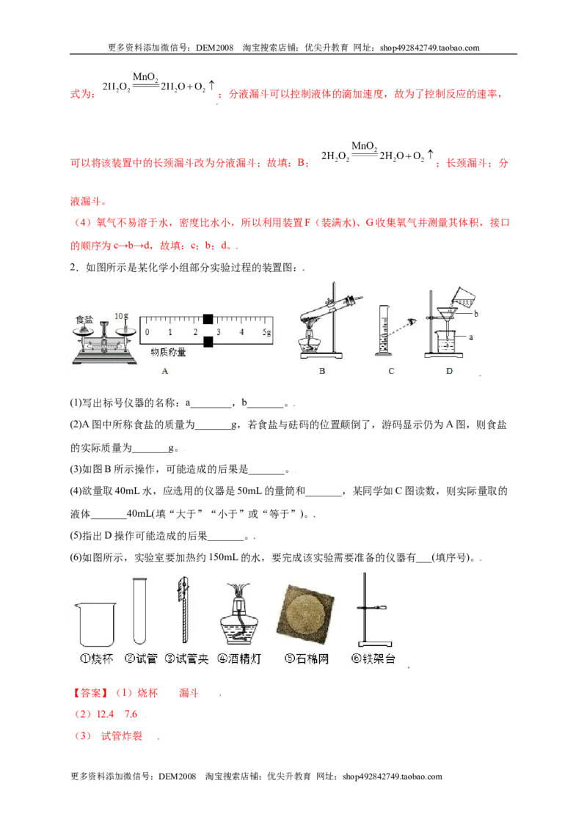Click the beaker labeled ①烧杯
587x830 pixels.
pyautogui.click(x=96, y=625)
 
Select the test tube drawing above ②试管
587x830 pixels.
pyautogui.click(x=139, y=611)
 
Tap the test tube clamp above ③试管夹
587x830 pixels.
pyautogui.click(x=183, y=609)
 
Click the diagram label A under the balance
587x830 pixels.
pyautogui.click(x=165, y=371)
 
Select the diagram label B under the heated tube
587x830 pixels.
pyautogui.click(x=322, y=371)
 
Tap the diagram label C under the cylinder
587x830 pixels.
pyautogui.click(x=391, y=371)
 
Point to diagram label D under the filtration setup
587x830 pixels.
pyautogui.click(x=449, y=371)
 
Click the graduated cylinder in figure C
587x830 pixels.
pyautogui.click(x=384, y=330)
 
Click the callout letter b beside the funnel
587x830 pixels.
pyautogui.click(x=475, y=313)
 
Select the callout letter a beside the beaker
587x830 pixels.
pyautogui.click(x=471, y=337)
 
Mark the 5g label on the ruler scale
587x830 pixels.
pyautogui.click(x=266, y=332)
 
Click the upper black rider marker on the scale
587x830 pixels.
pyautogui.click(x=208, y=319)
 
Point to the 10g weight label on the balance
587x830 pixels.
pyautogui.click(x=121, y=316)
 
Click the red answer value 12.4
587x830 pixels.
pyautogui.click(x=105, y=714)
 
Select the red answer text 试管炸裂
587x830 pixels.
pyautogui.click(x=122, y=735)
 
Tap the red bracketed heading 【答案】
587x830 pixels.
pyautogui.click(x=90, y=693)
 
